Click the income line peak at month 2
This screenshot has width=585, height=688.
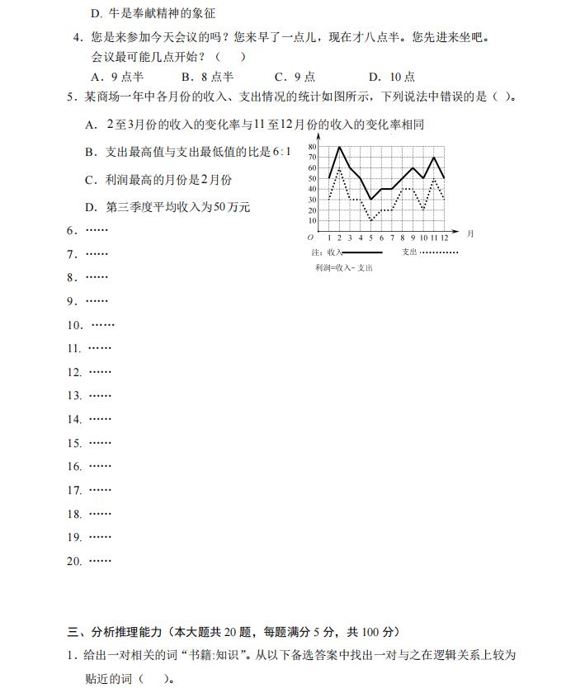(x=339, y=148)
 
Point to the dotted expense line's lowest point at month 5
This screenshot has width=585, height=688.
(x=370, y=220)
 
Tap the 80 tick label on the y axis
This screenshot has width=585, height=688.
(x=312, y=148)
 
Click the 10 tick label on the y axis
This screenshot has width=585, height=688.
(x=312, y=220)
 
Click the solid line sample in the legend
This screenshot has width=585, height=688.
(x=362, y=252)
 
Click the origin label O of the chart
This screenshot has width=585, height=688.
(x=310, y=238)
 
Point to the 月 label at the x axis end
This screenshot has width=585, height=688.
(x=470, y=234)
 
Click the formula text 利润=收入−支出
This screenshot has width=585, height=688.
(x=343, y=268)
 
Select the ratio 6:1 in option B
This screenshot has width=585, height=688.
(x=281, y=152)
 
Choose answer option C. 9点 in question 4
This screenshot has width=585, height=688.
(x=295, y=77)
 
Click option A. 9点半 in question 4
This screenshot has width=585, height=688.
(x=116, y=77)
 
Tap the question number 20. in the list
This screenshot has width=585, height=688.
(x=74, y=561)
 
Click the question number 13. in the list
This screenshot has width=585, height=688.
(x=74, y=396)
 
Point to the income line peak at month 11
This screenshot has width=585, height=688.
(x=434, y=158)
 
